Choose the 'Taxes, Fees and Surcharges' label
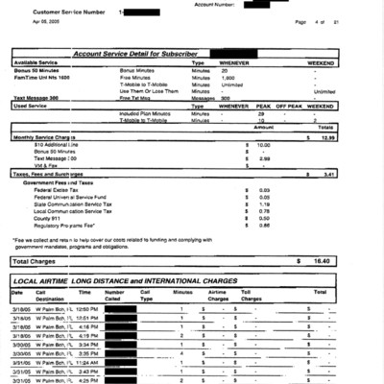52,174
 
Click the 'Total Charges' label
35,261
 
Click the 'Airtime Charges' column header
218,295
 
